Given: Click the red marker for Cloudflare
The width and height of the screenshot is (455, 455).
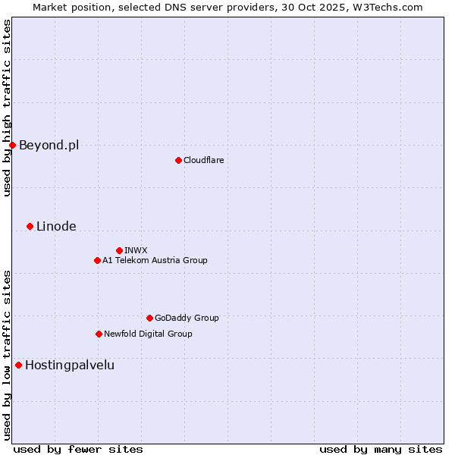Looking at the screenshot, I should (178, 160).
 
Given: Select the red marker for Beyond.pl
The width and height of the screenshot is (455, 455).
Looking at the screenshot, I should (12, 145).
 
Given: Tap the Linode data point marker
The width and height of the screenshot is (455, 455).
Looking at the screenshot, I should (30, 226).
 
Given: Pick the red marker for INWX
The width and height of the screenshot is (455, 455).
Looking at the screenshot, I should (119, 250).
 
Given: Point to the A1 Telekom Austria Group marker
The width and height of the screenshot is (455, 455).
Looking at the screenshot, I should (97, 260).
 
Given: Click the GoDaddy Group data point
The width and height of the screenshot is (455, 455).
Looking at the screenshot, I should (149, 318).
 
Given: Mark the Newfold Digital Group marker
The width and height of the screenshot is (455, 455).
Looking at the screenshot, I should (99, 334).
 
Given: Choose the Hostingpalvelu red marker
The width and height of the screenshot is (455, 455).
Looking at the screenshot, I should (18, 365).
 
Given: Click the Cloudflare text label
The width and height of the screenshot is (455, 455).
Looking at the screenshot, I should (203, 160).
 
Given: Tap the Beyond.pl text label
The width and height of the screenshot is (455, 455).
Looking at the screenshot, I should (49, 145).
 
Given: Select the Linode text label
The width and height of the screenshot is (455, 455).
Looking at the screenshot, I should (56, 226).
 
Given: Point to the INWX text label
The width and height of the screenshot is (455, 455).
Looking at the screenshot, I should (136, 250).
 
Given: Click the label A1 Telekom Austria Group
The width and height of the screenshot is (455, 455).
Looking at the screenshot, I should (155, 260).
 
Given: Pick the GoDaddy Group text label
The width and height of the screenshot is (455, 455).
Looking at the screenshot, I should (187, 318).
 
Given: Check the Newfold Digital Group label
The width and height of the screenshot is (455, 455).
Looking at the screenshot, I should (148, 334).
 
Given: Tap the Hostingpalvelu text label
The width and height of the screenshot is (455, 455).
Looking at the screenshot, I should (70, 365).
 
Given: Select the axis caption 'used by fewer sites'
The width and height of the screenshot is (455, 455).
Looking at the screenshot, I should (78, 449).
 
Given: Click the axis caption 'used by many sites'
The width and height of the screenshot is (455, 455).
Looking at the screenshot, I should (381, 449).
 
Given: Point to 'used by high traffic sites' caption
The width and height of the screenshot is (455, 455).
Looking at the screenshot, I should (7, 108).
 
